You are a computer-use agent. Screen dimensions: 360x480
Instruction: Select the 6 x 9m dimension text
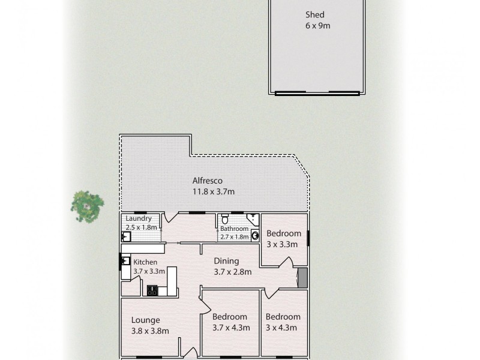pyautogui.click(x=317, y=26)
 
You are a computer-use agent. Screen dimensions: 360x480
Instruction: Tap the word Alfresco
pyautogui.click(x=208, y=181)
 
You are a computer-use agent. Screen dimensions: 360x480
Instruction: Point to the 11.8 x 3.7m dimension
pyautogui.click(x=213, y=191)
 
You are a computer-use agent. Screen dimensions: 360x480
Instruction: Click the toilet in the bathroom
pyautogui.click(x=224, y=219)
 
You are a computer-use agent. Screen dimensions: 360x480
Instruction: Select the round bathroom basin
pyautogui.click(x=254, y=235)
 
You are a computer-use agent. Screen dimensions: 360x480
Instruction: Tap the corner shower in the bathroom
pyautogui.click(x=252, y=218)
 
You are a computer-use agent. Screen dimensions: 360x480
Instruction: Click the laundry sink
pyautogui.click(x=126, y=236)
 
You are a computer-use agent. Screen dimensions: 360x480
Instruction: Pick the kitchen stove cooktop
pyautogui.click(x=152, y=291)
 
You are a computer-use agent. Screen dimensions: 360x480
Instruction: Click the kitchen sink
pyautogui.click(x=126, y=261)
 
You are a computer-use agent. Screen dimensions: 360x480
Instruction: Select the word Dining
pyautogui.click(x=226, y=261)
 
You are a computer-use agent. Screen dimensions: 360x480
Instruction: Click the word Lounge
pyautogui.click(x=146, y=320)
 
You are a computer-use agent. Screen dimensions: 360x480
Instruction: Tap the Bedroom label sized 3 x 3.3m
pyautogui.click(x=284, y=233)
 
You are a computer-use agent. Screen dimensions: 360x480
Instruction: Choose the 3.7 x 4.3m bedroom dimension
pyautogui.click(x=231, y=327)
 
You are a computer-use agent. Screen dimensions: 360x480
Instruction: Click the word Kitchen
pyautogui.click(x=145, y=262)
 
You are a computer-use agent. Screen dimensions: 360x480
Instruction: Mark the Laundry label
pyautogui.click(x=138, y=219)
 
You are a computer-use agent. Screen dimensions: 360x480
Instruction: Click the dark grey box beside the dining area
pyautogui.click(x=302, y=278)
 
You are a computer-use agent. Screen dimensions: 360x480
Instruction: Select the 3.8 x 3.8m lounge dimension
pyautogui.click(x=150, y=330)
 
